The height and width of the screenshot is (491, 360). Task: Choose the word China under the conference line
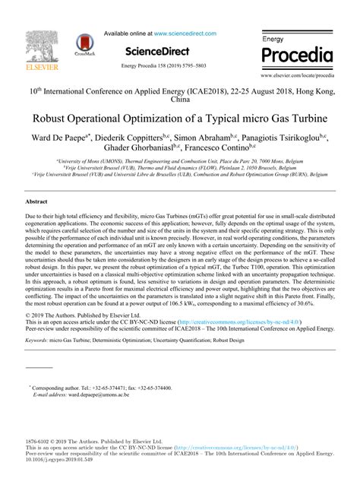click(x=180, y=99)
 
